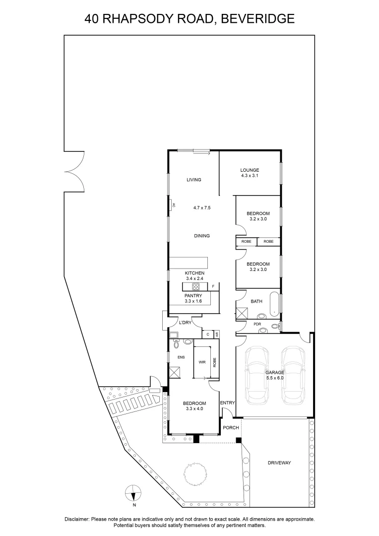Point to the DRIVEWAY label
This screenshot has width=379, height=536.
[x=279, y=463]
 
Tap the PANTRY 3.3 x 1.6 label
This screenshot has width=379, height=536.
[x=193, y=298]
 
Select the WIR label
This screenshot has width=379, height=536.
[x=202, y=363]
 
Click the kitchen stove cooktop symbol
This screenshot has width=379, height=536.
[x=195, y=287]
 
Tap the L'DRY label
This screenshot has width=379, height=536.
[x=185, y=323]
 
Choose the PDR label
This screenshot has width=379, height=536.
[x=257, y=324]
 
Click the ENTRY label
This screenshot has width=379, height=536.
[x=227, y=402]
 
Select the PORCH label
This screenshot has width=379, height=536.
[x=231, y=427]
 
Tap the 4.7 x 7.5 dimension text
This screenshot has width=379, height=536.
[x=202, y=208]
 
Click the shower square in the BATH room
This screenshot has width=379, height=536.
[x=243, y=313]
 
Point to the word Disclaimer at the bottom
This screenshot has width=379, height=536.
[x=77, y=519]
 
